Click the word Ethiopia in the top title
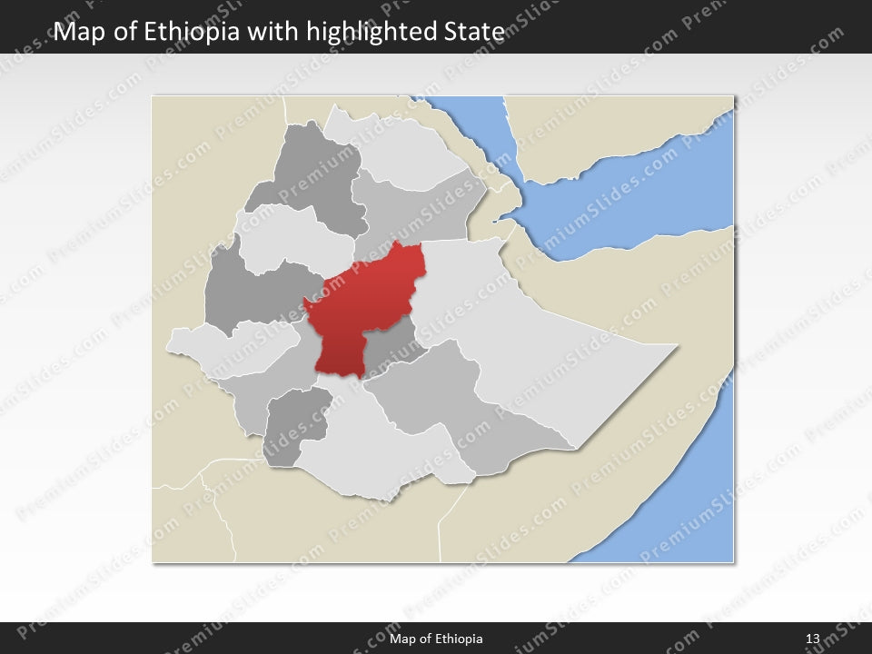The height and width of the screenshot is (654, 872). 198,32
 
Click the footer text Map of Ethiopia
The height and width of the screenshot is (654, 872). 436,639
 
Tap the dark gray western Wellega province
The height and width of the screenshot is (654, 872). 245,291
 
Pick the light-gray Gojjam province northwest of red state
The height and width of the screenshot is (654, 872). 291,236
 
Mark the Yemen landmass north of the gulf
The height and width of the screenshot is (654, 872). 618,127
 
